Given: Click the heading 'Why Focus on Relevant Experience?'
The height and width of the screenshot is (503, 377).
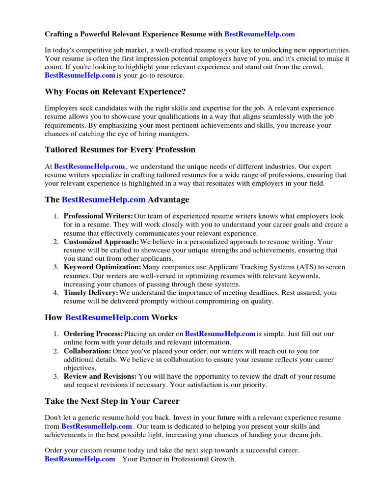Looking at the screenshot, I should pyautogui.click(x=115, y=92).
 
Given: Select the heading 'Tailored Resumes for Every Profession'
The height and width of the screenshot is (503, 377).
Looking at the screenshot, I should pyautogui.click(x=120, y=149).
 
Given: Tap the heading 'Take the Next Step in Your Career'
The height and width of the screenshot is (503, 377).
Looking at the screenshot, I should pyautogui.click(x=112, y=401).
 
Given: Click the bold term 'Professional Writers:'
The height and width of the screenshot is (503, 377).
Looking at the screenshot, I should pyautogui.click(x=98, y=216).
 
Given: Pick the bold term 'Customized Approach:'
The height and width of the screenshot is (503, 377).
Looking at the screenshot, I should pyautogui.click(x=101, y=242).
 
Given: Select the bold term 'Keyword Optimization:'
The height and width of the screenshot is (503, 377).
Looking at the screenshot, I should pyautogui.click(x=102, y=267).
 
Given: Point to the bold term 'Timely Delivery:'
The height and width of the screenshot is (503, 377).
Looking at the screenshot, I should pyautogui.click(x=91, y=293).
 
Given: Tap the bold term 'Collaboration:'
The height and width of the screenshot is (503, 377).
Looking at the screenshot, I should pyautogui.click(x=87, y=351).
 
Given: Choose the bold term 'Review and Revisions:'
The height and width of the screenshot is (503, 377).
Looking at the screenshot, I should pyautogui.click(x=100, y=377).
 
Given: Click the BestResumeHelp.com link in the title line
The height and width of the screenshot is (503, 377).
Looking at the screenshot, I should pyautogui.click(x=260, y=34).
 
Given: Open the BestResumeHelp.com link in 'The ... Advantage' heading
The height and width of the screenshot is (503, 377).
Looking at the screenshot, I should pyautogui.click(x=104, y=200).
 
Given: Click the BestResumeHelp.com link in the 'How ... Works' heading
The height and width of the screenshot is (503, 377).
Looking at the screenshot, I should pyautogui.click(x=107, y=317).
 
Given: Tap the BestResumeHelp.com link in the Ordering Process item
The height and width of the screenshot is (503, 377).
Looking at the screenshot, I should pyautogui.click(x=220, y=334).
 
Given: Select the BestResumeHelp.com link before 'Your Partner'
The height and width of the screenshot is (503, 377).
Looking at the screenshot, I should pyautogui.click(x=80, y=459).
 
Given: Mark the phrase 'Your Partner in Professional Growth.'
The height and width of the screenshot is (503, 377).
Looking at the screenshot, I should pyautogui.click(x=179, y=459).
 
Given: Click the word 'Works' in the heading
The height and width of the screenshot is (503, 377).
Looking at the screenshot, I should pyautogui.click(x=164, y=317).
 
